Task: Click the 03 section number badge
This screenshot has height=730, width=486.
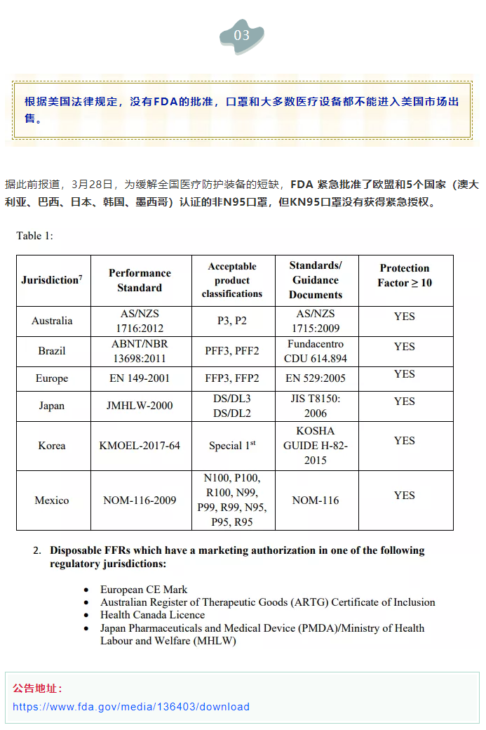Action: pyautogui.click(x=241, y=36)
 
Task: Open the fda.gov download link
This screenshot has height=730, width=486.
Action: pyautogui.click(x=131, y=707)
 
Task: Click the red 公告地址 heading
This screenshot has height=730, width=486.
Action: pyautogui.click(x=37, y=688)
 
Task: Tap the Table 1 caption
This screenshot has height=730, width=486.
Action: pyautogui.click(x=34, y=236)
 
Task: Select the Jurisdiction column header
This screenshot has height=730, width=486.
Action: pyautogui.click(x=52, y=280)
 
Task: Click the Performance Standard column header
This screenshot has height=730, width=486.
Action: pyautogui.click(x=140, y=280)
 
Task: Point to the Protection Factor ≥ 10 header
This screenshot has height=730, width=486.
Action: pyautogui.click(x=405, y=275)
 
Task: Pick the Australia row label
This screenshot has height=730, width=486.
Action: pyautogui.click(x=52, y=321)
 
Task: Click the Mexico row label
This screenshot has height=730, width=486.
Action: pyautogui.click(x=52, y=500)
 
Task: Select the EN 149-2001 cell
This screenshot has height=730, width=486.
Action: pyautogui.click(x=140, y=378)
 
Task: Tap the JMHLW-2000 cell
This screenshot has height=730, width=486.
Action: pyautogui.click(x=140, y=406)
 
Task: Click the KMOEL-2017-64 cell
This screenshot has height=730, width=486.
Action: pyautogui.click(x=140, y=446)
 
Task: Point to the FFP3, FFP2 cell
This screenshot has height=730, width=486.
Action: pyautogui.click(x=232, y=378)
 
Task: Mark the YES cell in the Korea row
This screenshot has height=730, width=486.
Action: pyautogui.click(x=405, y=441)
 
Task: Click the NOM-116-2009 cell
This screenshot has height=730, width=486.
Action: pyautogui.click(x=140, y=500)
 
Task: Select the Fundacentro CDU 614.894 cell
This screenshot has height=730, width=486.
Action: pyautogui.click(x=316, y=351)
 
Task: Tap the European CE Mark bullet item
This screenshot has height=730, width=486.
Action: pyautogui.click(x=144, y=590)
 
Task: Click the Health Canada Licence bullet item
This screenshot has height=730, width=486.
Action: pyautogui.click(x=152, y=615)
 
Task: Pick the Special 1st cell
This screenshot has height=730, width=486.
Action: pyautogui.click(x=232, y=446)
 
